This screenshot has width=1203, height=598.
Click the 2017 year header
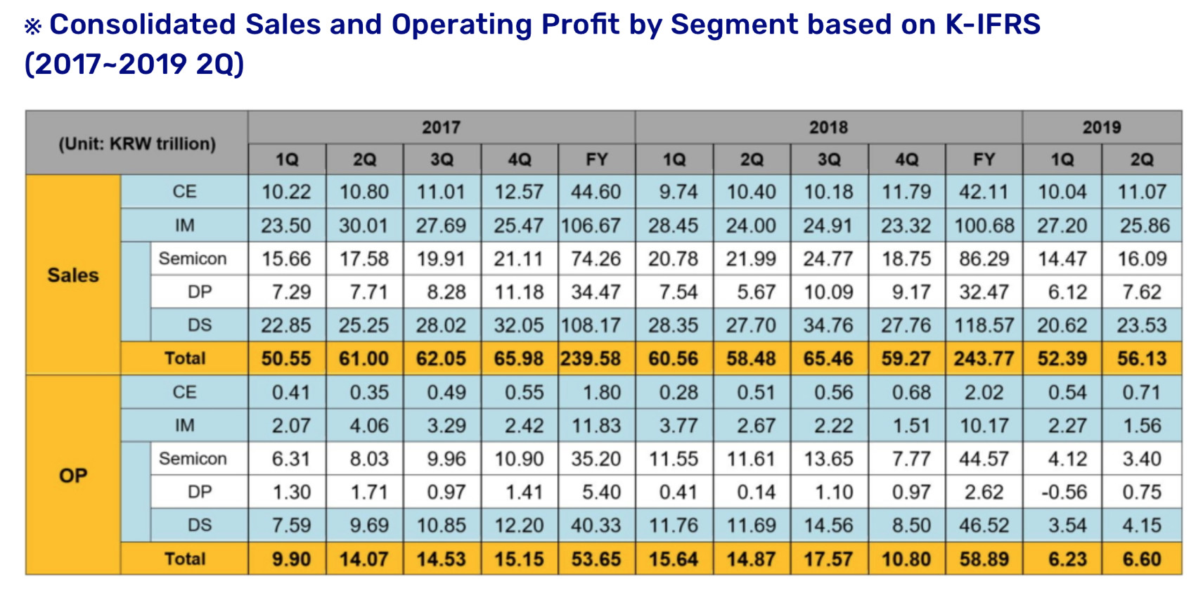pos(441,127)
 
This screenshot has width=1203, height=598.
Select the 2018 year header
pos(828,127)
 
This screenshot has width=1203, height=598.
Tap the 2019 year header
pos(1101,127)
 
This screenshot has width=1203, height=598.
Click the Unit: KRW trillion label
pos(136,143)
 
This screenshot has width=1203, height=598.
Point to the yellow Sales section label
pos(72,275)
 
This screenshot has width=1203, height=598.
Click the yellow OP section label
pos(72,476)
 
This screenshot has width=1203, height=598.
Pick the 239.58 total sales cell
pos(591,358)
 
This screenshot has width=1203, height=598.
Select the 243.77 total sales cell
pos(984,358)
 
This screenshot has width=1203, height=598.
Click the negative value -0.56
pos(1063,492)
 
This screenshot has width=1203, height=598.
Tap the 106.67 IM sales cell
pos(591,226)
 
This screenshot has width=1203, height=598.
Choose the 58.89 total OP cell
pos(984,559)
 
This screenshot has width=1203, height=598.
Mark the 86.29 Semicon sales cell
pos(984,259)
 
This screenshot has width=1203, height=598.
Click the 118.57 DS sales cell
pos(984,325)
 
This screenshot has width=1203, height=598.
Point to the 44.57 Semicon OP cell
pos(984,459)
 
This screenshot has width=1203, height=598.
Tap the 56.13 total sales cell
pos(1141,358)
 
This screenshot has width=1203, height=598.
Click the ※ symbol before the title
pos(32,27)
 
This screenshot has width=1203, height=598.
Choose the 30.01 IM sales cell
pos(364,226)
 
